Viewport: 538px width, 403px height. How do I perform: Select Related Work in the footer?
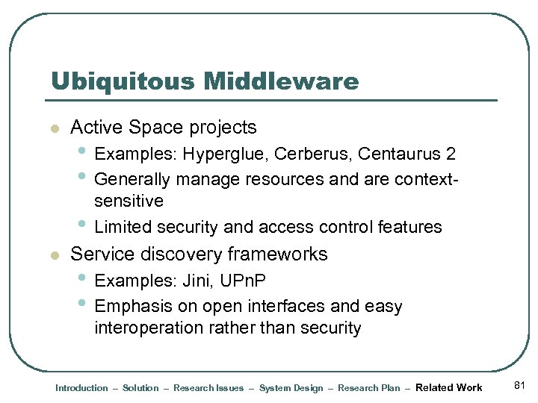click(448, 387)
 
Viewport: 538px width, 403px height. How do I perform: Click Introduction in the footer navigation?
click(81, 388)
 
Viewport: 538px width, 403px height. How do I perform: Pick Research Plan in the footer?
click(368, 388)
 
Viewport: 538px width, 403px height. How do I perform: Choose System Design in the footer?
click(291, 388)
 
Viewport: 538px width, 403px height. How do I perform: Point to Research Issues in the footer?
click(208, 388)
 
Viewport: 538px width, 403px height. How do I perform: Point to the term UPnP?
click(244, 281)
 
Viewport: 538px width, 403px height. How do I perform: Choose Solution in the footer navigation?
click(140, 388)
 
